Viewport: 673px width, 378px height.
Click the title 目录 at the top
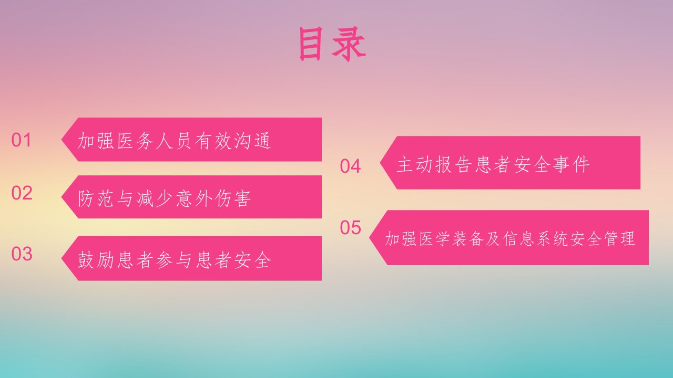(332, 44)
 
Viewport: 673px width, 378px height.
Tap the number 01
(21, 140)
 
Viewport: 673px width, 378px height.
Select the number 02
(22, 193)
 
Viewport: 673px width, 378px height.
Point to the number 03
(22, 254)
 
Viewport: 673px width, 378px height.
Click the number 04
(350, 166)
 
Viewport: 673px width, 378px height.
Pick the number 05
(350, 227)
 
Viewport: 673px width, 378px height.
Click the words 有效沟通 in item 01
(233, 140)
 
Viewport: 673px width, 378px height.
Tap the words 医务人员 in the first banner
(155, 140)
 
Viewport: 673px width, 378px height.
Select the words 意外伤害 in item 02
(213, 198)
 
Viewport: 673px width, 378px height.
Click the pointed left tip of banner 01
(62, 140)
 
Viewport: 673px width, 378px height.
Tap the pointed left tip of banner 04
(380, 163)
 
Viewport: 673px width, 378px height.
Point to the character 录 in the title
(349, 45)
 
